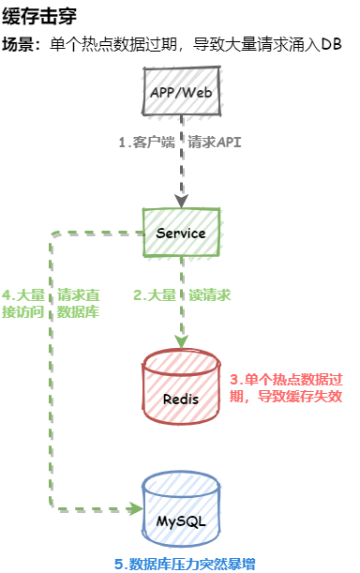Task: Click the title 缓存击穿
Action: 39,16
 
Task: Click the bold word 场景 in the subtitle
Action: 18,44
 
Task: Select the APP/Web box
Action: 182,91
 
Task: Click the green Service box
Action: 181,233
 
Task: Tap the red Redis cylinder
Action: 181,386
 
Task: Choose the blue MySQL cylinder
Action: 181,508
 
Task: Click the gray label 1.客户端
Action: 147,143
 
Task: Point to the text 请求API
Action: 215,143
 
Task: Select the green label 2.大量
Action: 155,294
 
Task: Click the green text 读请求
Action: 210,294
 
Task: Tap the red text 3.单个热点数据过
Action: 286,379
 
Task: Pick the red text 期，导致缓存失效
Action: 286,396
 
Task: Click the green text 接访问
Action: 23,311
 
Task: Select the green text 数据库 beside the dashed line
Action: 78,311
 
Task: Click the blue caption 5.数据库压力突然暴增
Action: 185,564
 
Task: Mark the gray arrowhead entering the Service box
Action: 181,202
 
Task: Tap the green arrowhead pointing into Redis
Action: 181,342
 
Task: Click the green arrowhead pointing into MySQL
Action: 135,508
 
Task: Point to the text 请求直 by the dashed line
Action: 78,294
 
